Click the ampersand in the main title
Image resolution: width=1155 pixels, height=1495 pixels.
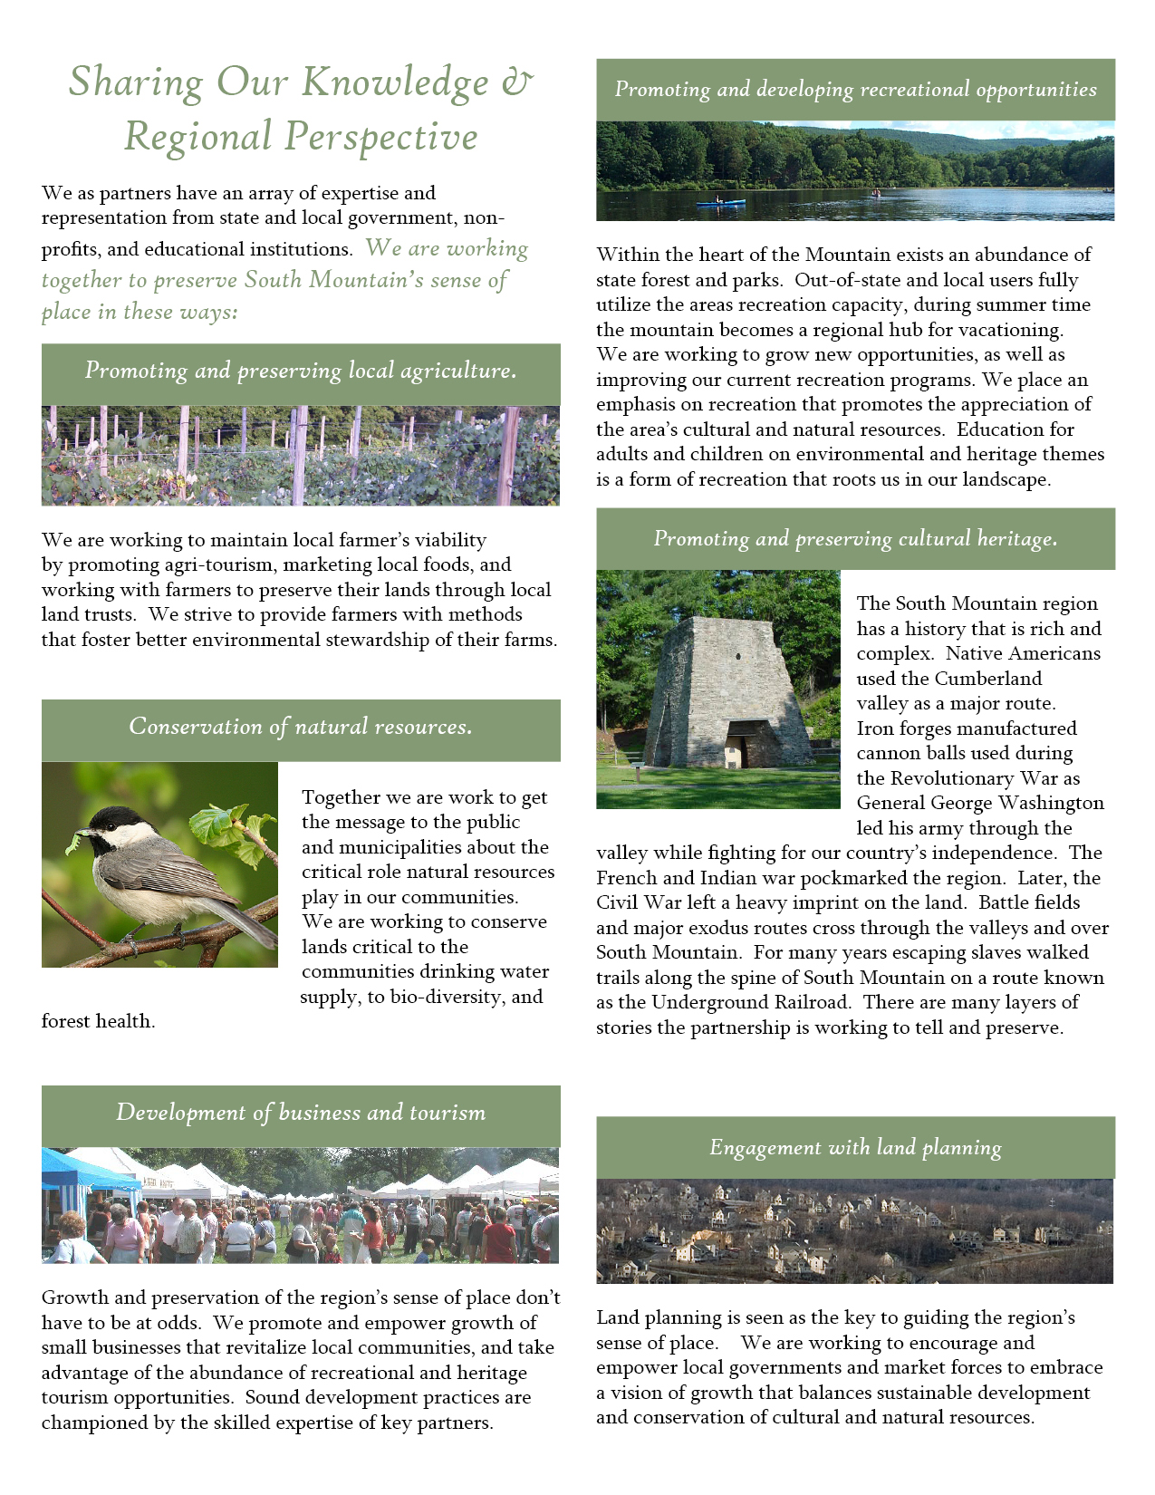(517, 82)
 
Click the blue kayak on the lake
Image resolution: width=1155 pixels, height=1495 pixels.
(720, 203)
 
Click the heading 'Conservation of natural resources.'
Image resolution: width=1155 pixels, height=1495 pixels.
(301, 727)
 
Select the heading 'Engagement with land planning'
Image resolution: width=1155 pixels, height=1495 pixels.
(855, 1148)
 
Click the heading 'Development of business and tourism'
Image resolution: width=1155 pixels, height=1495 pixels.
(301, 1113)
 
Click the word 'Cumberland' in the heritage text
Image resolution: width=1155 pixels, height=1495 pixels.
(987, 680)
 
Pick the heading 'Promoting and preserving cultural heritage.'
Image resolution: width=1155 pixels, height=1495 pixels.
(855, 539)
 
